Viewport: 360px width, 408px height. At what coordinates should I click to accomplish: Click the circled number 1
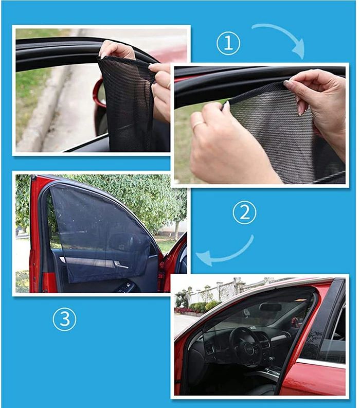tap(228, 43)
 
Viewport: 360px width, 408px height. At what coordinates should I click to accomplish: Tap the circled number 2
tap(244, 212)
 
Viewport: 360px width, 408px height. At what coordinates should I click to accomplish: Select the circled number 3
tap(64, 320)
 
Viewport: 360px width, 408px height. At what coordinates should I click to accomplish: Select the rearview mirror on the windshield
tap(271, 307)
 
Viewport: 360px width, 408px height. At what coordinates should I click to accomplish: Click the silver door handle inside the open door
tap(121, 265)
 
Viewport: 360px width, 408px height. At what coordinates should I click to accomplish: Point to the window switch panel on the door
tap(125, 287)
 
